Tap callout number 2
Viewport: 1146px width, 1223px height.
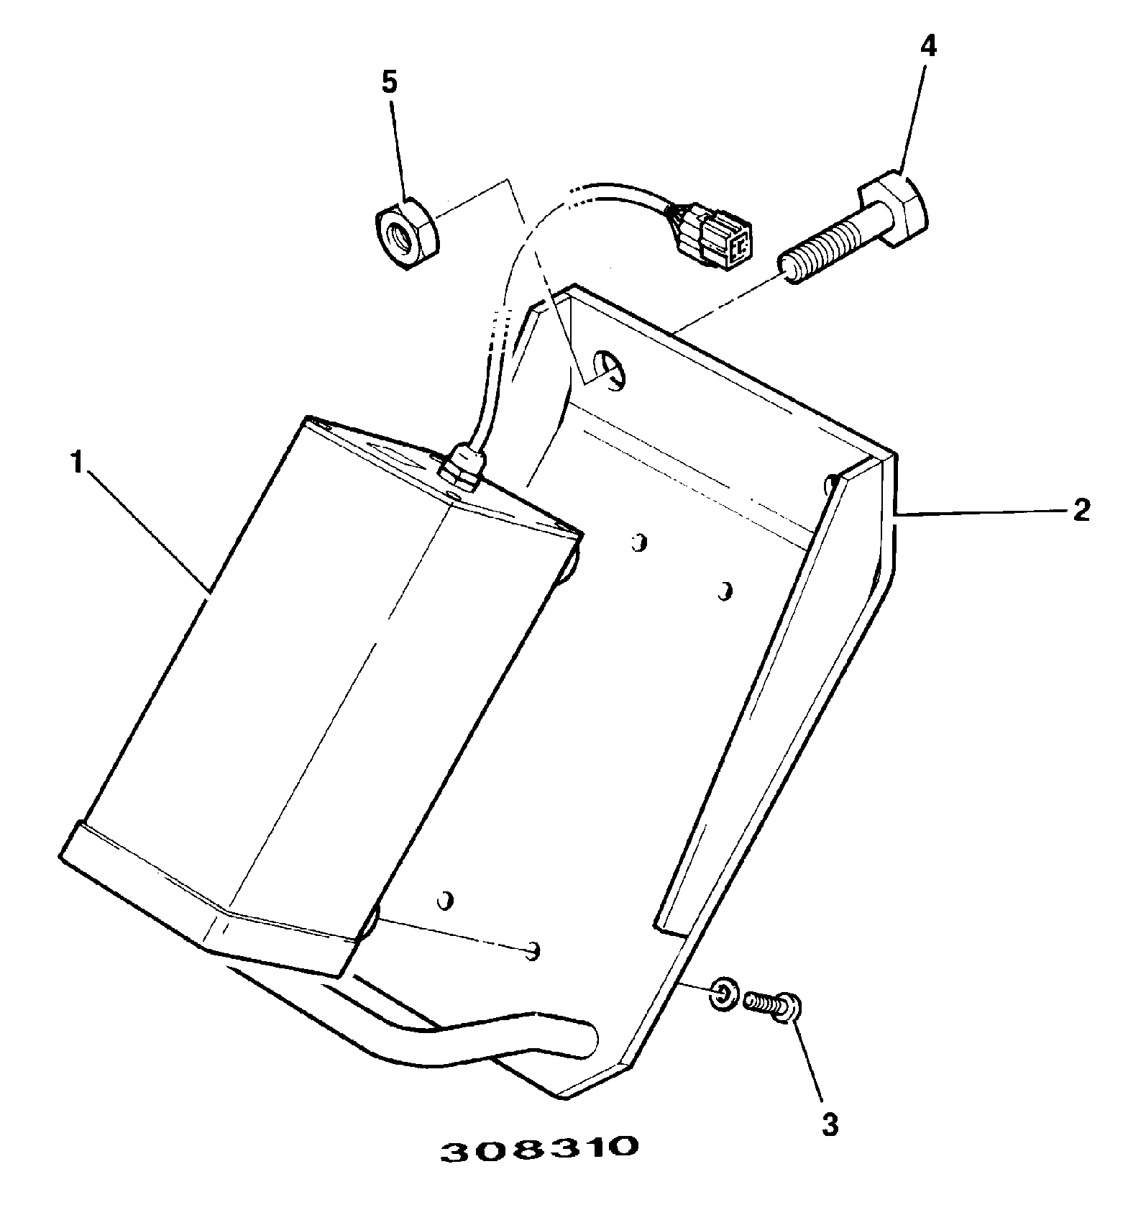click(x=1081, y=510)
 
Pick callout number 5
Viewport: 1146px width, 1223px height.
click(x=388, y=83)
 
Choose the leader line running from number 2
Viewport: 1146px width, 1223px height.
click(x=981, y=512)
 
